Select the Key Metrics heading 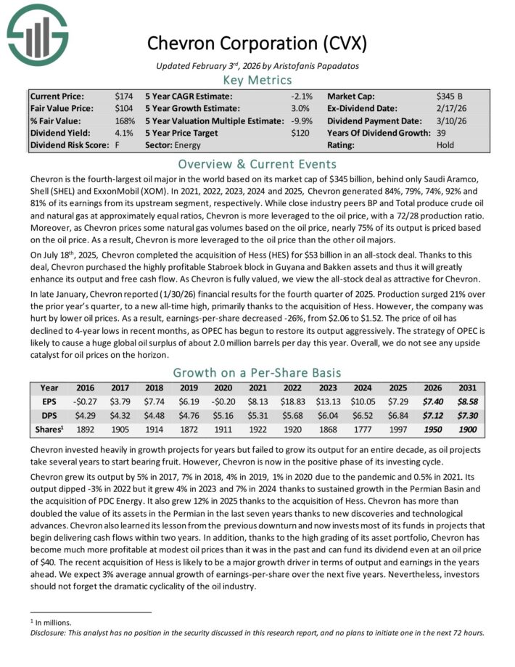click(257, 80)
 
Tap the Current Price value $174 click(124, 96)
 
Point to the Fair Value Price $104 click(124, 108)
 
